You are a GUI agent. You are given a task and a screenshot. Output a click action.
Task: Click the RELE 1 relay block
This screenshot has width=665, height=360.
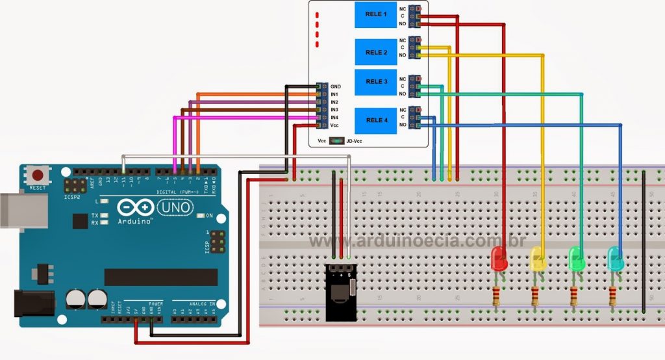[x=376, y=15]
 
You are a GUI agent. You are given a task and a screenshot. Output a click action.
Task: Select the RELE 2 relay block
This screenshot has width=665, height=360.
[x=376, y=52]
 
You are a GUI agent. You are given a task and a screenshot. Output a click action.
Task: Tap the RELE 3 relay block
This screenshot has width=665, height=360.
[x=376, y=82]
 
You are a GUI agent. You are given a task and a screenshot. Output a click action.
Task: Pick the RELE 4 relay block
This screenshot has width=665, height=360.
[x=376, y=120]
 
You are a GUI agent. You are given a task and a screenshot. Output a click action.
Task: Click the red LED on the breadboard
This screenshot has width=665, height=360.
[x=499, y=259]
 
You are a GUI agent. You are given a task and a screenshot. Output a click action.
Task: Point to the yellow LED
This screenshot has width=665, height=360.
[x=538, y=259]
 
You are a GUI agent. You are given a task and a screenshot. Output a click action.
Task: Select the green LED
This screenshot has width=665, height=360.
[x=576, y=259]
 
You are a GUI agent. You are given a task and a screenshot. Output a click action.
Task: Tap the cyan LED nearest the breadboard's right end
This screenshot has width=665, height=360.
[x=614, y=259]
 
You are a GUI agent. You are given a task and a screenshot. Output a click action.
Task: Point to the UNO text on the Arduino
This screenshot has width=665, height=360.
[x=174, y=207]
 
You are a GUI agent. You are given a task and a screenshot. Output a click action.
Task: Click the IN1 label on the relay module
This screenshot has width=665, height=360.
[x=334, y=95]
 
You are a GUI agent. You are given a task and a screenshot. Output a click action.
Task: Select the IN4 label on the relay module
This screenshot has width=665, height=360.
[x=334, y=118]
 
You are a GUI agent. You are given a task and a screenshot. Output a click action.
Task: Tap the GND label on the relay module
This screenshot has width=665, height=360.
[x=335, y=86]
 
